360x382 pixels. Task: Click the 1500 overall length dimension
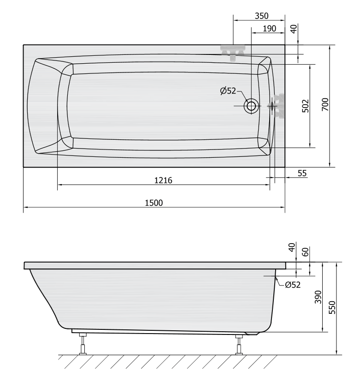tap(154, 203)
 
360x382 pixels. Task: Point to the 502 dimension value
tap(305, 106)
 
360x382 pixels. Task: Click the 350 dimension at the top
tap(261, 16)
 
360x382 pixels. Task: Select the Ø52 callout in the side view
tap(293, 285)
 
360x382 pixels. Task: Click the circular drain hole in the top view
tap(252, 106)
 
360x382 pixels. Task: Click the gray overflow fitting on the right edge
tap(278, 106)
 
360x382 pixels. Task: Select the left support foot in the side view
tap(83, 343)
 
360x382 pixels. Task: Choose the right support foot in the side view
tap(238, 344)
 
